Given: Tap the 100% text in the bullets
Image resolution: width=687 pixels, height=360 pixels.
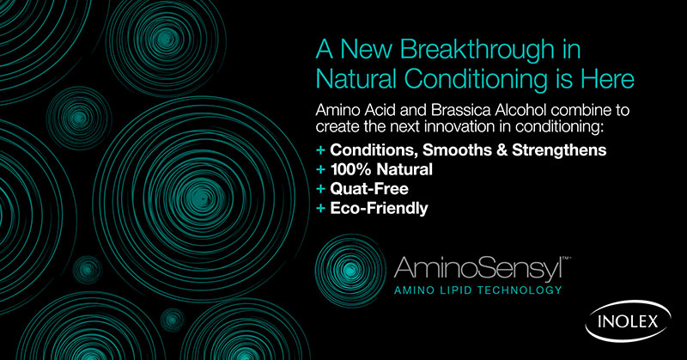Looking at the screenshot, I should [x=348, y=169].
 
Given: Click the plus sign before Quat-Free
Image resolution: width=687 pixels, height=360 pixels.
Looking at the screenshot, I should [x=321, y=189].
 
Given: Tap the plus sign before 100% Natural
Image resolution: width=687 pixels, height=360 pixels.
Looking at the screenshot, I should [x=321, y=170].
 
